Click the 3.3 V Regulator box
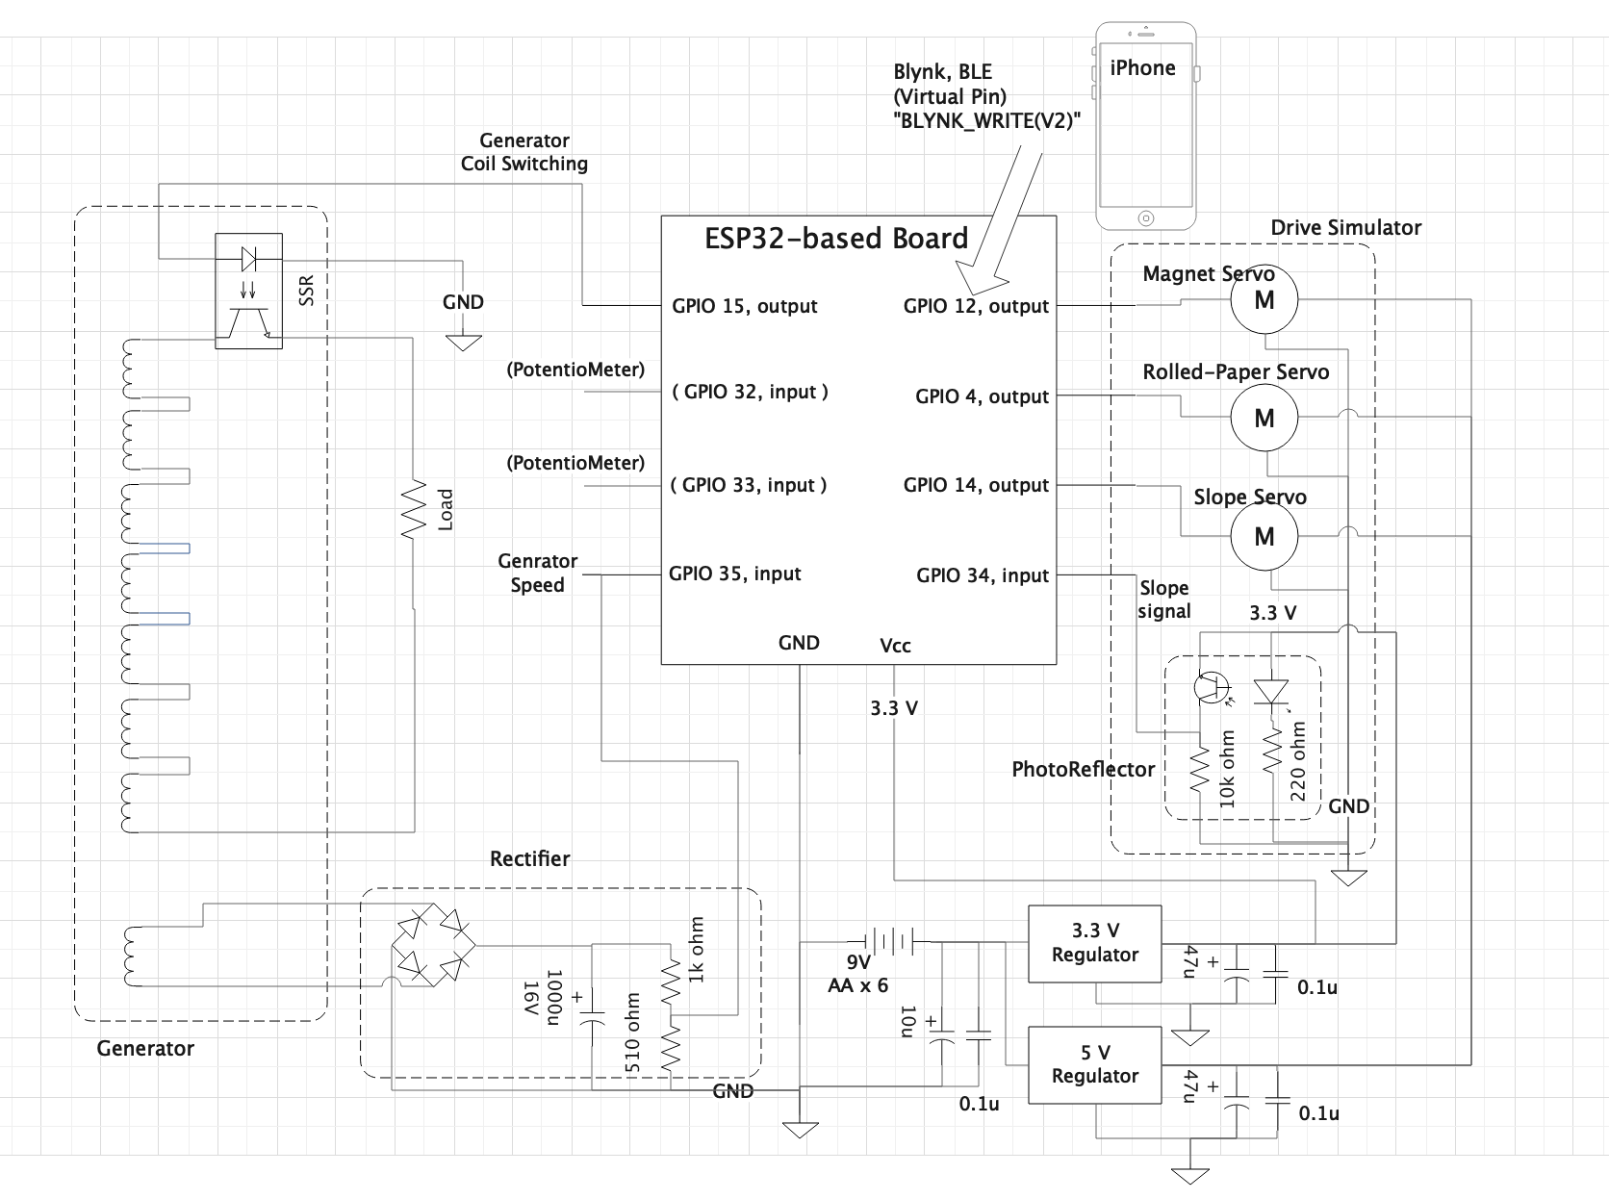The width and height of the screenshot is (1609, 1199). [1094, 943]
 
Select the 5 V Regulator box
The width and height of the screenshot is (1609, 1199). [1094, 1064]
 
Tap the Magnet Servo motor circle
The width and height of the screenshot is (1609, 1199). [1264, 299]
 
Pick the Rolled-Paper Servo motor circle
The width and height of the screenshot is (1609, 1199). [1264, 417]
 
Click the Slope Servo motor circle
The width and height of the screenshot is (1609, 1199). [1264, 536]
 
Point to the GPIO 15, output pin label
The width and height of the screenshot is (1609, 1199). [744, 306]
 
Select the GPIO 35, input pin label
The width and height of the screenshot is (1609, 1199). [734, 574]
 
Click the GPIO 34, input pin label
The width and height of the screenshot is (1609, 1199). [983, 576]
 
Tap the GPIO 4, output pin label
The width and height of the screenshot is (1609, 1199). [982, 396]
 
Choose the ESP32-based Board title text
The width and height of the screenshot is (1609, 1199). [836, 239]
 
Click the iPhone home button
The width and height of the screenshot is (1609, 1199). [1146, 218]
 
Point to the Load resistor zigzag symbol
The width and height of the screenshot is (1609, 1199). [414, 509]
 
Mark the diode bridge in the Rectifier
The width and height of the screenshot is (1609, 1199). [433, 945]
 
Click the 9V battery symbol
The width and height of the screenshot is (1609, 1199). [889, 940]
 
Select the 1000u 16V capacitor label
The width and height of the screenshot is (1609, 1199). [543, 998]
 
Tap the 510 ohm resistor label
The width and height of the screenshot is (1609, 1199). [632, 1033]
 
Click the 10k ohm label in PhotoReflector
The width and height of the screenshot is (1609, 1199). [1227, 769]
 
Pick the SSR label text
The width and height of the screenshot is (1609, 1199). [306, 291]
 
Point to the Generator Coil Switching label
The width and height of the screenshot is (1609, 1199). [524, 152]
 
